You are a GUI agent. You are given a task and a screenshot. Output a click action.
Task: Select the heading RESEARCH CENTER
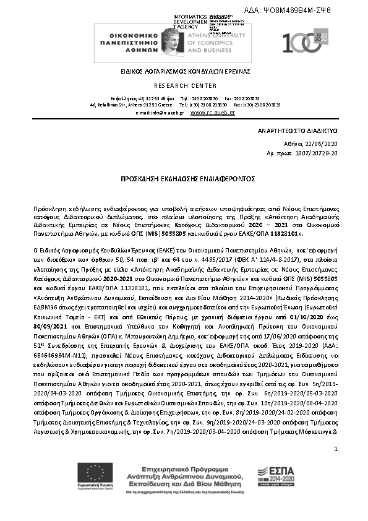point(185,85)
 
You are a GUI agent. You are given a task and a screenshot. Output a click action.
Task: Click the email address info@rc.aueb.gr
point(166,113)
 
